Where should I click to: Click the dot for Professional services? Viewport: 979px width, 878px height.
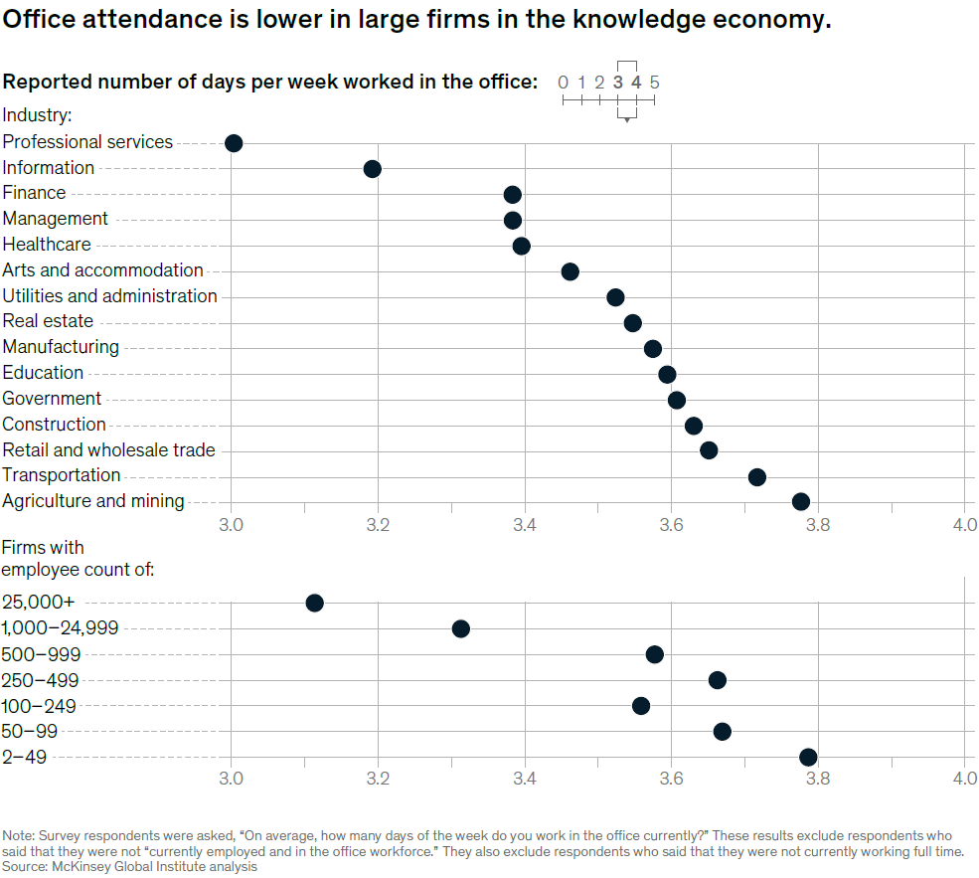coord(234,143)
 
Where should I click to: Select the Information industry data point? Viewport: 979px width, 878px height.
coord(372,169)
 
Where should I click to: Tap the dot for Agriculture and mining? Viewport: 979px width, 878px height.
coord(800,501)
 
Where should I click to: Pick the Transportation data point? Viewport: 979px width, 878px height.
coord(756,476)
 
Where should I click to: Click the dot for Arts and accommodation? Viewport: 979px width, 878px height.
coord(570,271)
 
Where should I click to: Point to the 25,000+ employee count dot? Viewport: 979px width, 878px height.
coord(314,603)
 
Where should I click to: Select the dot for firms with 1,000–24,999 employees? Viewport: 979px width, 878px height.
coord(460,628)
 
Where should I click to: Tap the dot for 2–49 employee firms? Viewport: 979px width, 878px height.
coord(808,758)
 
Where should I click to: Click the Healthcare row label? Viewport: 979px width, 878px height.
coord(47,245)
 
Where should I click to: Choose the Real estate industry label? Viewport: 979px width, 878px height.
coord(48,321)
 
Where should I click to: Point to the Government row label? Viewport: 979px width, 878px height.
coord(52,399)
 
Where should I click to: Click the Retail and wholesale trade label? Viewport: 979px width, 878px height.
coord(108,450)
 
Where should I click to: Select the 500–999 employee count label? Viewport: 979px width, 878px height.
coord(42,655)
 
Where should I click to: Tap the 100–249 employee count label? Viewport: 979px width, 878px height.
coord(40,707)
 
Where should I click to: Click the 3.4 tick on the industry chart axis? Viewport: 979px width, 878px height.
coord(525,523)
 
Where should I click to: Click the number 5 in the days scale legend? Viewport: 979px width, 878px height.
coord(654,84)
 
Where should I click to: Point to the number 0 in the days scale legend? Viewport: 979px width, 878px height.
coord(563,84)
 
